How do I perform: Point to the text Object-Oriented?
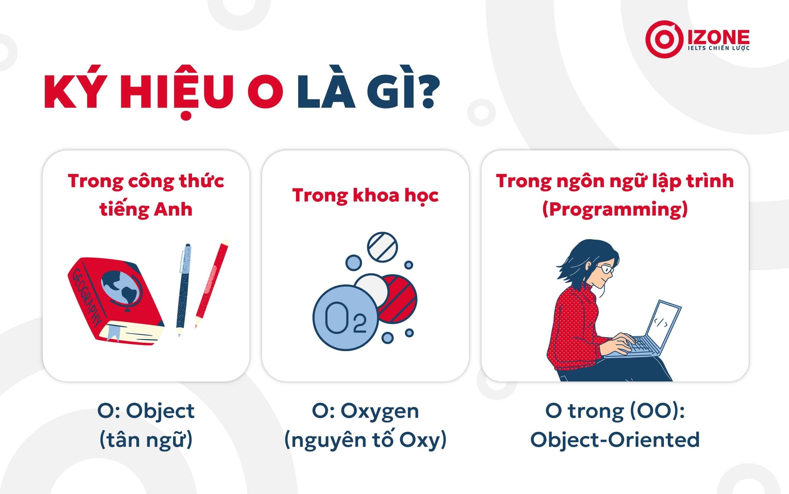[615, 440]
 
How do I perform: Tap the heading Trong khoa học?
[365, 195]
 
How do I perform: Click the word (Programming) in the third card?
[615, 209]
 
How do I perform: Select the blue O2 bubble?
[345, 318]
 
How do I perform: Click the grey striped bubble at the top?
[382, 247]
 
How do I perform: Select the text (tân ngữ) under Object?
[146, 440]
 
